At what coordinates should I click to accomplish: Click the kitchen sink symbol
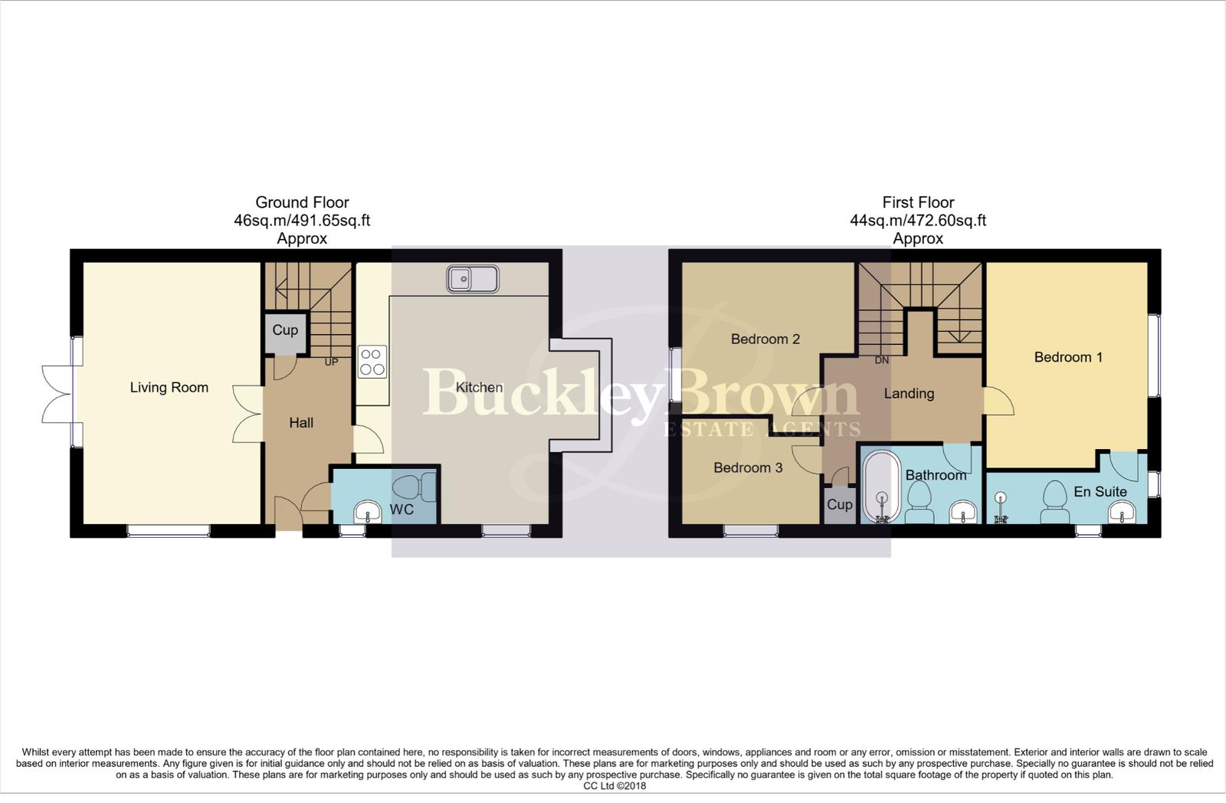473,279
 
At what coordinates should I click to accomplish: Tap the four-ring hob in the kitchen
372,362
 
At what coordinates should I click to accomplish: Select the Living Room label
169,388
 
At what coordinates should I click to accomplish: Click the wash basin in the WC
368,513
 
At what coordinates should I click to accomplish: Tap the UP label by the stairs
331,362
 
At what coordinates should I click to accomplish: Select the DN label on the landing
882,360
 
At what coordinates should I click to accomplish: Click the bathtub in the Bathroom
882,487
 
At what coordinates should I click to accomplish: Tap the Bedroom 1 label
1068,357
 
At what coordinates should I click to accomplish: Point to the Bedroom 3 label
748,467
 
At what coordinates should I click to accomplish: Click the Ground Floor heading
302,202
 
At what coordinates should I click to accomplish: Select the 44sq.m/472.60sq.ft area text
917,221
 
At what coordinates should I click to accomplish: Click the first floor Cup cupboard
839,505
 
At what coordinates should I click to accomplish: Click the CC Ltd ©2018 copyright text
615,785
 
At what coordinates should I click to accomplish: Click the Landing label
909,394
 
